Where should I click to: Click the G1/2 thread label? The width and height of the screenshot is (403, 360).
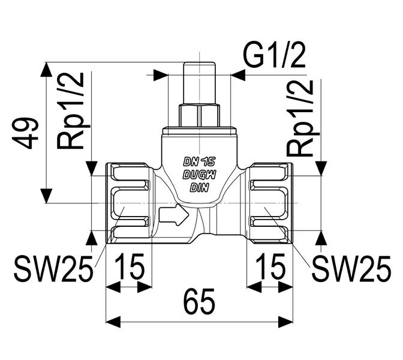tap(274, 58)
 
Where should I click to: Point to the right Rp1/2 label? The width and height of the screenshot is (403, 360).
tap(300, 118)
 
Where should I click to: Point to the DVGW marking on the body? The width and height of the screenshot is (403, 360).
tap(199, 175)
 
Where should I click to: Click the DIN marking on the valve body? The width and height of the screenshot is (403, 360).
tap(199, 187)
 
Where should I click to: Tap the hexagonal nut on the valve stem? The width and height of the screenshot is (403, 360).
tap(200, 115)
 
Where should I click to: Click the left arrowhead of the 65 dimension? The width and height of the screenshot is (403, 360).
tap(112, 322)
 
